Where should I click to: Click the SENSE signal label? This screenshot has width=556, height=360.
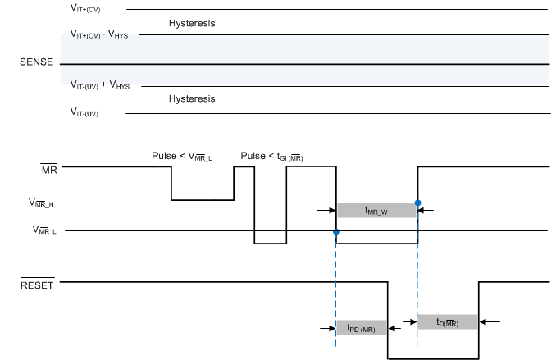[36, 63]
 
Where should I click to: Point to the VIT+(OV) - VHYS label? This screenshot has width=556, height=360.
[105, 34]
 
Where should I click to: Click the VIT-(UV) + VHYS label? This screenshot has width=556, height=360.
[105, 85]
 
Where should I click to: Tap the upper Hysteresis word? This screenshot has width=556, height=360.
[191, 24]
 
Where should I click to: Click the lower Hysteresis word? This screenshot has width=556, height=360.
[191, 98]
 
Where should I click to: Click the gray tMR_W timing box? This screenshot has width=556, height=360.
[376, 210]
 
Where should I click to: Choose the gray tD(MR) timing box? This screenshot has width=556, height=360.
[447, 322]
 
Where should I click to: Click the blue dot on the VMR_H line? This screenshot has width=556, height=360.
[417, 203]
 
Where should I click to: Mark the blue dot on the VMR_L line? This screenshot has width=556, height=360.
[336, 232]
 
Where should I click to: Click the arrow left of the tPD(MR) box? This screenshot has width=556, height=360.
[326, 328]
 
